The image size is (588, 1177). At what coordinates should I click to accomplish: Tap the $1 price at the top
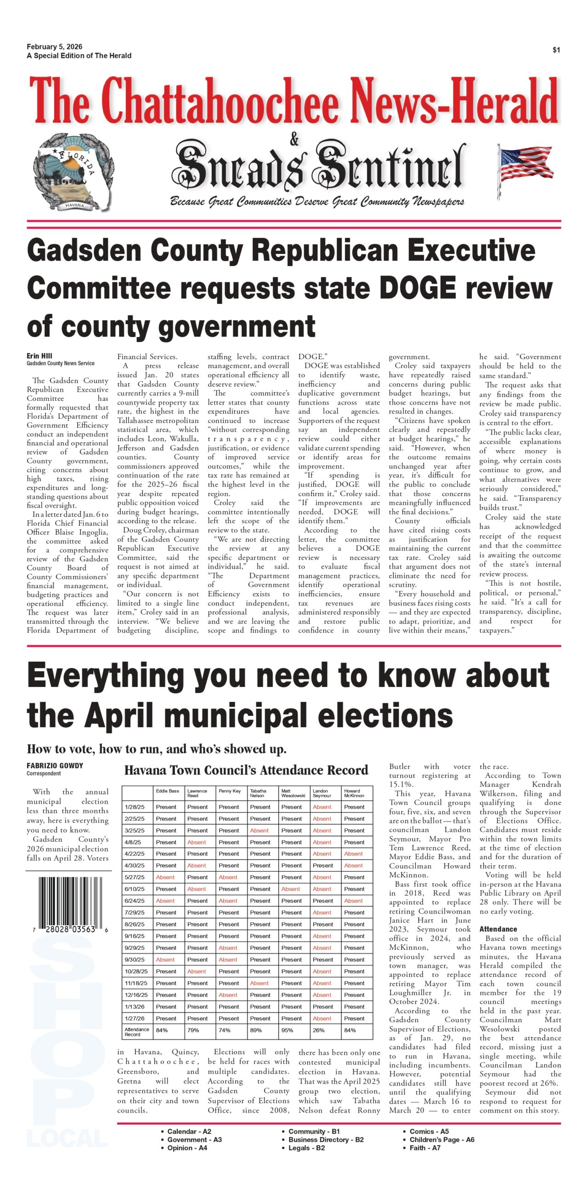click(x=556, y=50)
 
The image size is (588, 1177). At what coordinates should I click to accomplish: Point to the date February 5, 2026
click(x=54, y=46)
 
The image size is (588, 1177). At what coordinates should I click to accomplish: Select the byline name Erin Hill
click(x=39, y=356)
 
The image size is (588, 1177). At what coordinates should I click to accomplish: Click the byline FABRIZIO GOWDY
click(x=55, y=766)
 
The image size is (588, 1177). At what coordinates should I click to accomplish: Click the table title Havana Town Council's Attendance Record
click(x=246, y=770)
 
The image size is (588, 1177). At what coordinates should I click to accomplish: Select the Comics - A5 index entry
click(x=429, y=1131)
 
